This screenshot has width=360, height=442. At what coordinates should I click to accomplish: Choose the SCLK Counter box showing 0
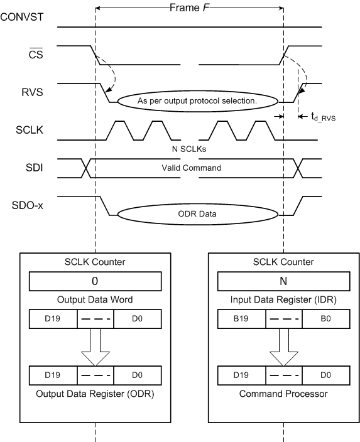(x=95, y=280)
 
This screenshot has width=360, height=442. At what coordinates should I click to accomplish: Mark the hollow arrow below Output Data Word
(x=95, y=348)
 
